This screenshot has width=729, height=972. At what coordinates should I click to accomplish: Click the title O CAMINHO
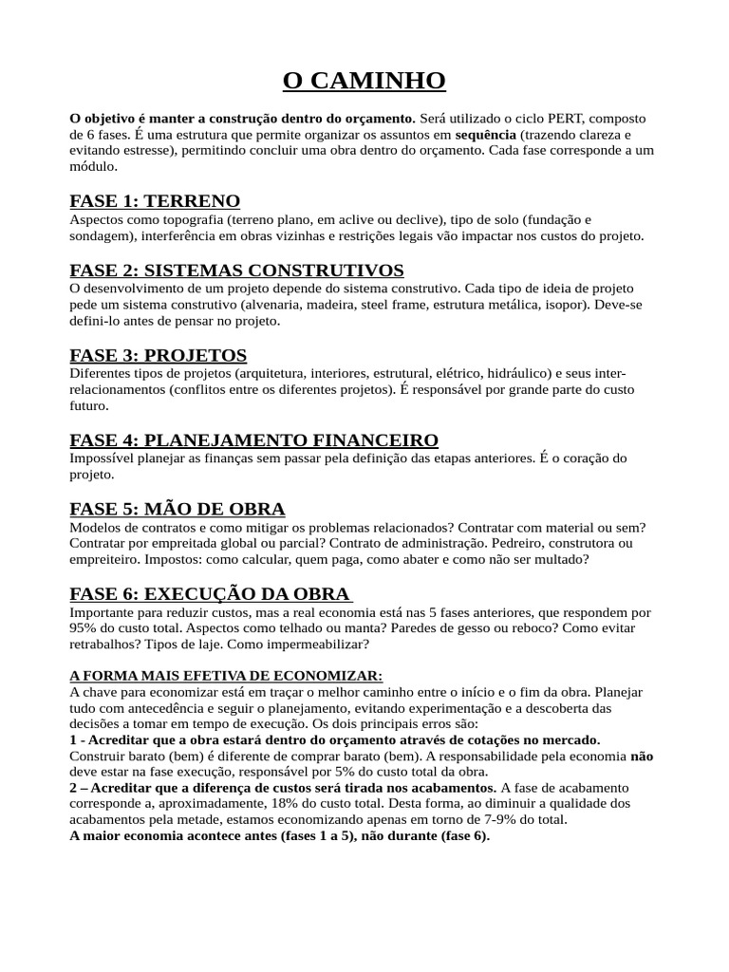(x=364, y=81)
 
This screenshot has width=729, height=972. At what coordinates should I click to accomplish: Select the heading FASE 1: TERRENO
(x=155, y=201)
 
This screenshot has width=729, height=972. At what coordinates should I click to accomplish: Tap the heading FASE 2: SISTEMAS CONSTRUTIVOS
(x=236, y=271)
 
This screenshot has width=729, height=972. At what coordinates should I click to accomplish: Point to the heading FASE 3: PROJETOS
(x=159, y=355)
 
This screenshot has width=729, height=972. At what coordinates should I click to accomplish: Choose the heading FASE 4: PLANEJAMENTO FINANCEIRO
(x=254, y=440)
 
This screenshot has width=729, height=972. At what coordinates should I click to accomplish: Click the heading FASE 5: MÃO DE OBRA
(x=178, y=509)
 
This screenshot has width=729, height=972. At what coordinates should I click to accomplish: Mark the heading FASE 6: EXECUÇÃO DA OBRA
(x=210, y=594)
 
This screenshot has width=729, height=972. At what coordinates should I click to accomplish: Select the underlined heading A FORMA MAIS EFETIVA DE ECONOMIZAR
(x=226, y=676)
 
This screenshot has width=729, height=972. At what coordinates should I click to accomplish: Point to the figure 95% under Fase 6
(x=84, y=628)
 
